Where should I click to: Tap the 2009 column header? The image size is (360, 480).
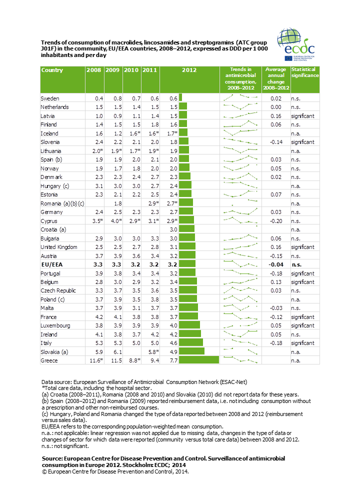113,70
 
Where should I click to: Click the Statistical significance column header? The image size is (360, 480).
304,73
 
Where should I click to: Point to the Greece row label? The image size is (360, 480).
49,360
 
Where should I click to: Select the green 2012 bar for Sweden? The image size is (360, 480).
180,98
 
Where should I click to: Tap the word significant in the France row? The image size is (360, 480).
302,317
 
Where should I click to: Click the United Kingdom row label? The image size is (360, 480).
59,247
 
